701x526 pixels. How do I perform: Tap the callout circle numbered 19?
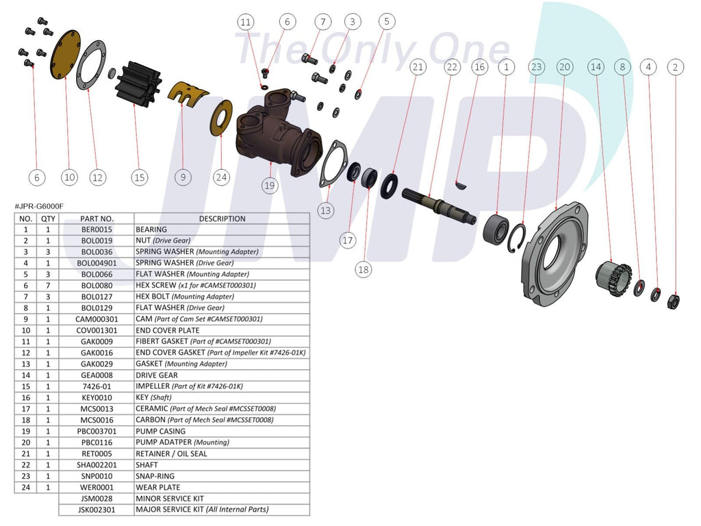270,185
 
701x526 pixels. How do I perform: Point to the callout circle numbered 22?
451,66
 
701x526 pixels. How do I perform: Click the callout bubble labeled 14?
596,66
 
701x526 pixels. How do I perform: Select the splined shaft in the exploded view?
438,205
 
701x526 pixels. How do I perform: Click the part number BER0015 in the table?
97,229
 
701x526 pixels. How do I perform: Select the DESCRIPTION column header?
222,218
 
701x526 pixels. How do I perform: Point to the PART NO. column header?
97,218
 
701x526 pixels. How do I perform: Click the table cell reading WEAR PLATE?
158,487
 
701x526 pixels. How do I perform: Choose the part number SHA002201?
97,464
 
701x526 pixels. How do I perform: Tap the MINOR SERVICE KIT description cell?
170,498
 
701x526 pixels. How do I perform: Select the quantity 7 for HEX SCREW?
48,285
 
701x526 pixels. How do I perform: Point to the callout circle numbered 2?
676,66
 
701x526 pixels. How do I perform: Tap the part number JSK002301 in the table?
97,510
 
